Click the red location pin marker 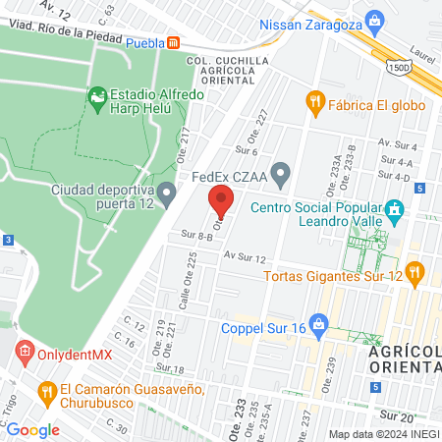tap(221, 201)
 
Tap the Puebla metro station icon tap(174, 43)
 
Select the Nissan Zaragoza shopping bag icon tap(373, 20)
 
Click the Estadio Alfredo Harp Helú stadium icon tap(97, 96)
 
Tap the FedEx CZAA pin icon tap(282, 178)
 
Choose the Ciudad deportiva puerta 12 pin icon tap(167, 191)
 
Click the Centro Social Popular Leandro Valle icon tap(395, 208)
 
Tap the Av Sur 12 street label tap(244, 256)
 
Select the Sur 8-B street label tap(196, 236)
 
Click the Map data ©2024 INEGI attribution tap(383, 434)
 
